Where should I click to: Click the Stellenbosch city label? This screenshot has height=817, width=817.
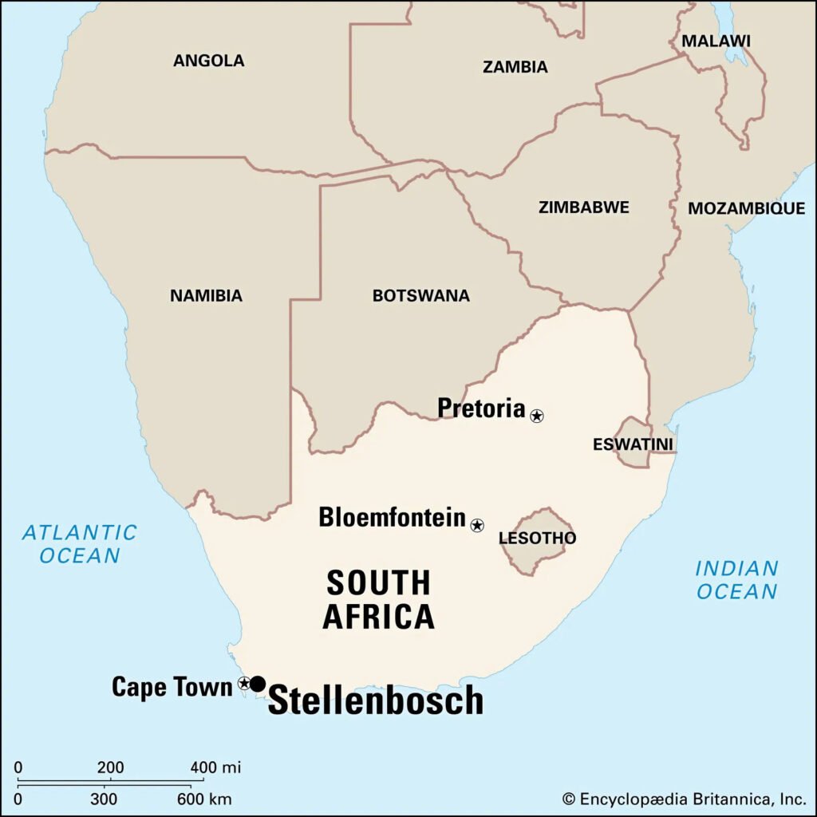click(x=375, y=701)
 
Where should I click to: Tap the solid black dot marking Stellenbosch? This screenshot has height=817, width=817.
click(x=258, y=684)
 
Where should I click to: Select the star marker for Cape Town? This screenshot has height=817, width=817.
click(x=244, y=683)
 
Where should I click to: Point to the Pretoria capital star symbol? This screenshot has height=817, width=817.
click(x=537, y=415)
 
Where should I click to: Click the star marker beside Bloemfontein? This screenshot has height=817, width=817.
click(x=477, y=525)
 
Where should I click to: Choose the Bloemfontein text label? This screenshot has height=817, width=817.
click(x=392, y=517)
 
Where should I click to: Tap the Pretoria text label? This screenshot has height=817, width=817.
click(x=481, y=408)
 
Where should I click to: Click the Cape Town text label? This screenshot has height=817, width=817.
click(x=172, y=686)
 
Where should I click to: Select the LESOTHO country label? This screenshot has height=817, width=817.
click(x=537, y=539)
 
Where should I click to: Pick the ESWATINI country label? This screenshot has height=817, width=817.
click(x=633, y=444)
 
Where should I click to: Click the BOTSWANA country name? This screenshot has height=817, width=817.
click(x=420, y=296)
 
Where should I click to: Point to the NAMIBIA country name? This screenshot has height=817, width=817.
click(x=206, y=296)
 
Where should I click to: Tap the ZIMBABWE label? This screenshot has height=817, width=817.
click(x=583, y=207)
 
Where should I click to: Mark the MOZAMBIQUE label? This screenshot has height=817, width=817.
click(x=746, y=208)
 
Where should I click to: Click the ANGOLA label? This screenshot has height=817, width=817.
click(x=209, y=61)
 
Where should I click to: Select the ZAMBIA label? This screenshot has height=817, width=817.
click(x=515, y=67)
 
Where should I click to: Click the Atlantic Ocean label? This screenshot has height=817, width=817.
click(x=80, y=543)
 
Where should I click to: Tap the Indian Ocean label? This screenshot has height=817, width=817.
click(x=736, y=580)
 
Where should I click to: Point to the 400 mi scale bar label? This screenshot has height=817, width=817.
click(x=215, y=768)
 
